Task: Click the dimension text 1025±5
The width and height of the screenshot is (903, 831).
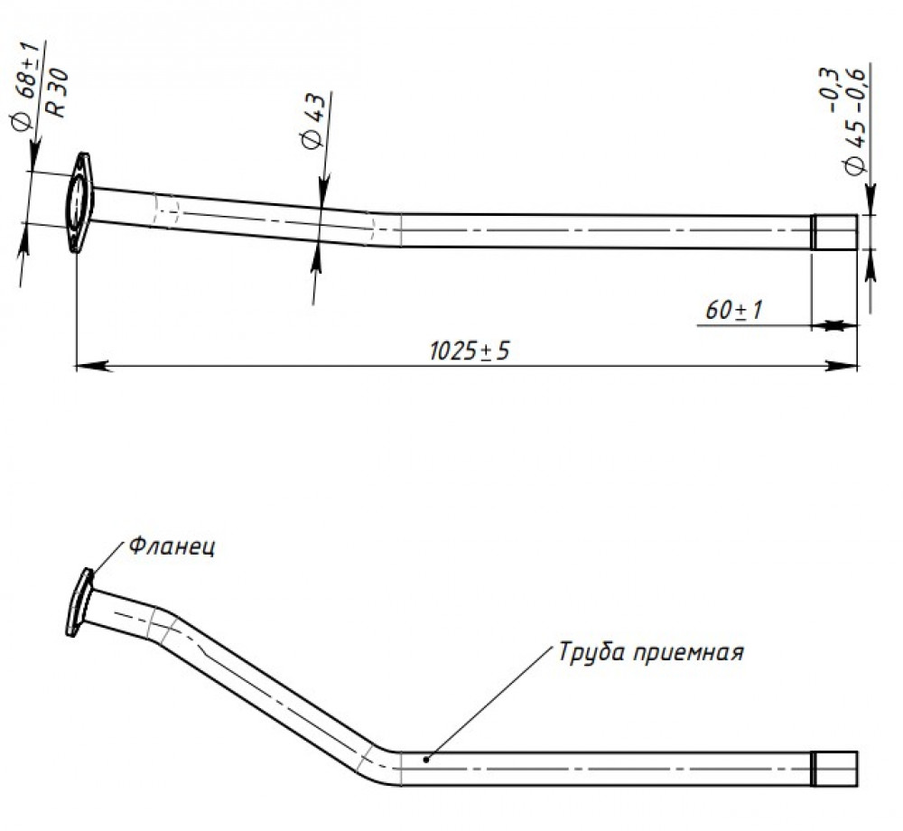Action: pyautogui.click(x=470, y=350)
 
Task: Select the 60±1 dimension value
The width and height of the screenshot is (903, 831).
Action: pyautogui.click(x=733, y=310)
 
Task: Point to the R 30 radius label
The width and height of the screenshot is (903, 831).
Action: pyautogui.click(x=58, y=93)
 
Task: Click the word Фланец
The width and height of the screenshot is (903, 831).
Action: pyautogui.click(x=172, y=546)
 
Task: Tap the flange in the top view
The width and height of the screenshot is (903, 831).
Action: pyautogui.click(x=79, y=202)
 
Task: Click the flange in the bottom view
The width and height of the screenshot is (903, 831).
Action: pyautogui.click(x=79, y=602)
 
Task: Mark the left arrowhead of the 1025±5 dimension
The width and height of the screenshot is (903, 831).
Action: pyautogui.click(x=93, y=365)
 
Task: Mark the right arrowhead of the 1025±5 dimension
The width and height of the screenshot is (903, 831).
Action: pyautogui.click(x=842, y=365)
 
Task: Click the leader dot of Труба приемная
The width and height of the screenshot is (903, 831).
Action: pyautogui.click(x=425, y=759)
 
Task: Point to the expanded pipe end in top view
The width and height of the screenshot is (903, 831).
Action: pyautogui.click(x=833, y=231)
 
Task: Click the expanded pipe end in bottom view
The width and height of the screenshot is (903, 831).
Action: pyautogui.click(x=834, y=769)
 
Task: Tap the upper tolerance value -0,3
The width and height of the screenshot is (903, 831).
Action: pyautogui.click(x=829, y=90)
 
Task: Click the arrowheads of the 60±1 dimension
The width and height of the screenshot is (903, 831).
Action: pyautogui.click(x=833, y=325)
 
